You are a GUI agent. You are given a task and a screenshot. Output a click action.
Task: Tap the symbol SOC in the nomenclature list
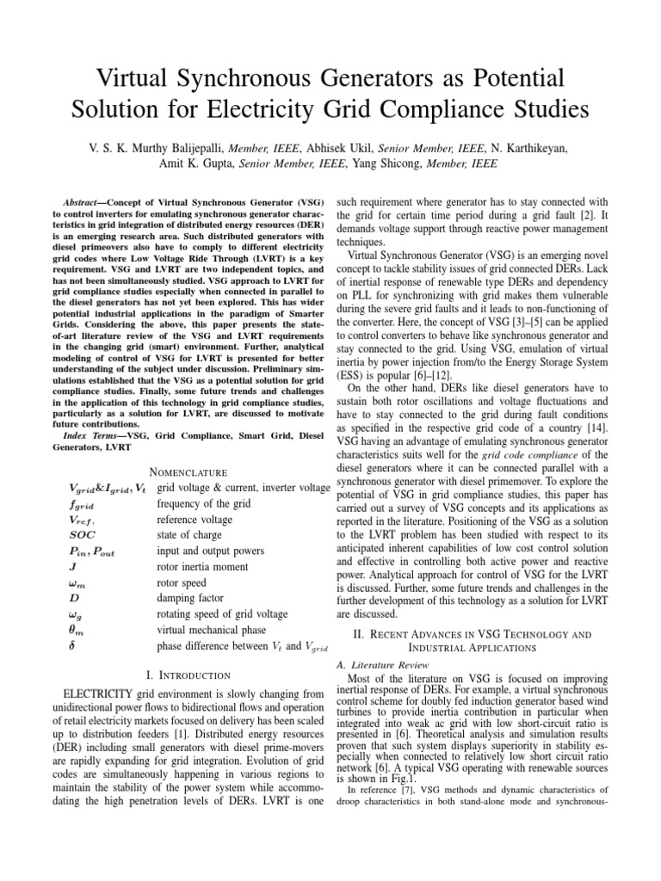(83, 533)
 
